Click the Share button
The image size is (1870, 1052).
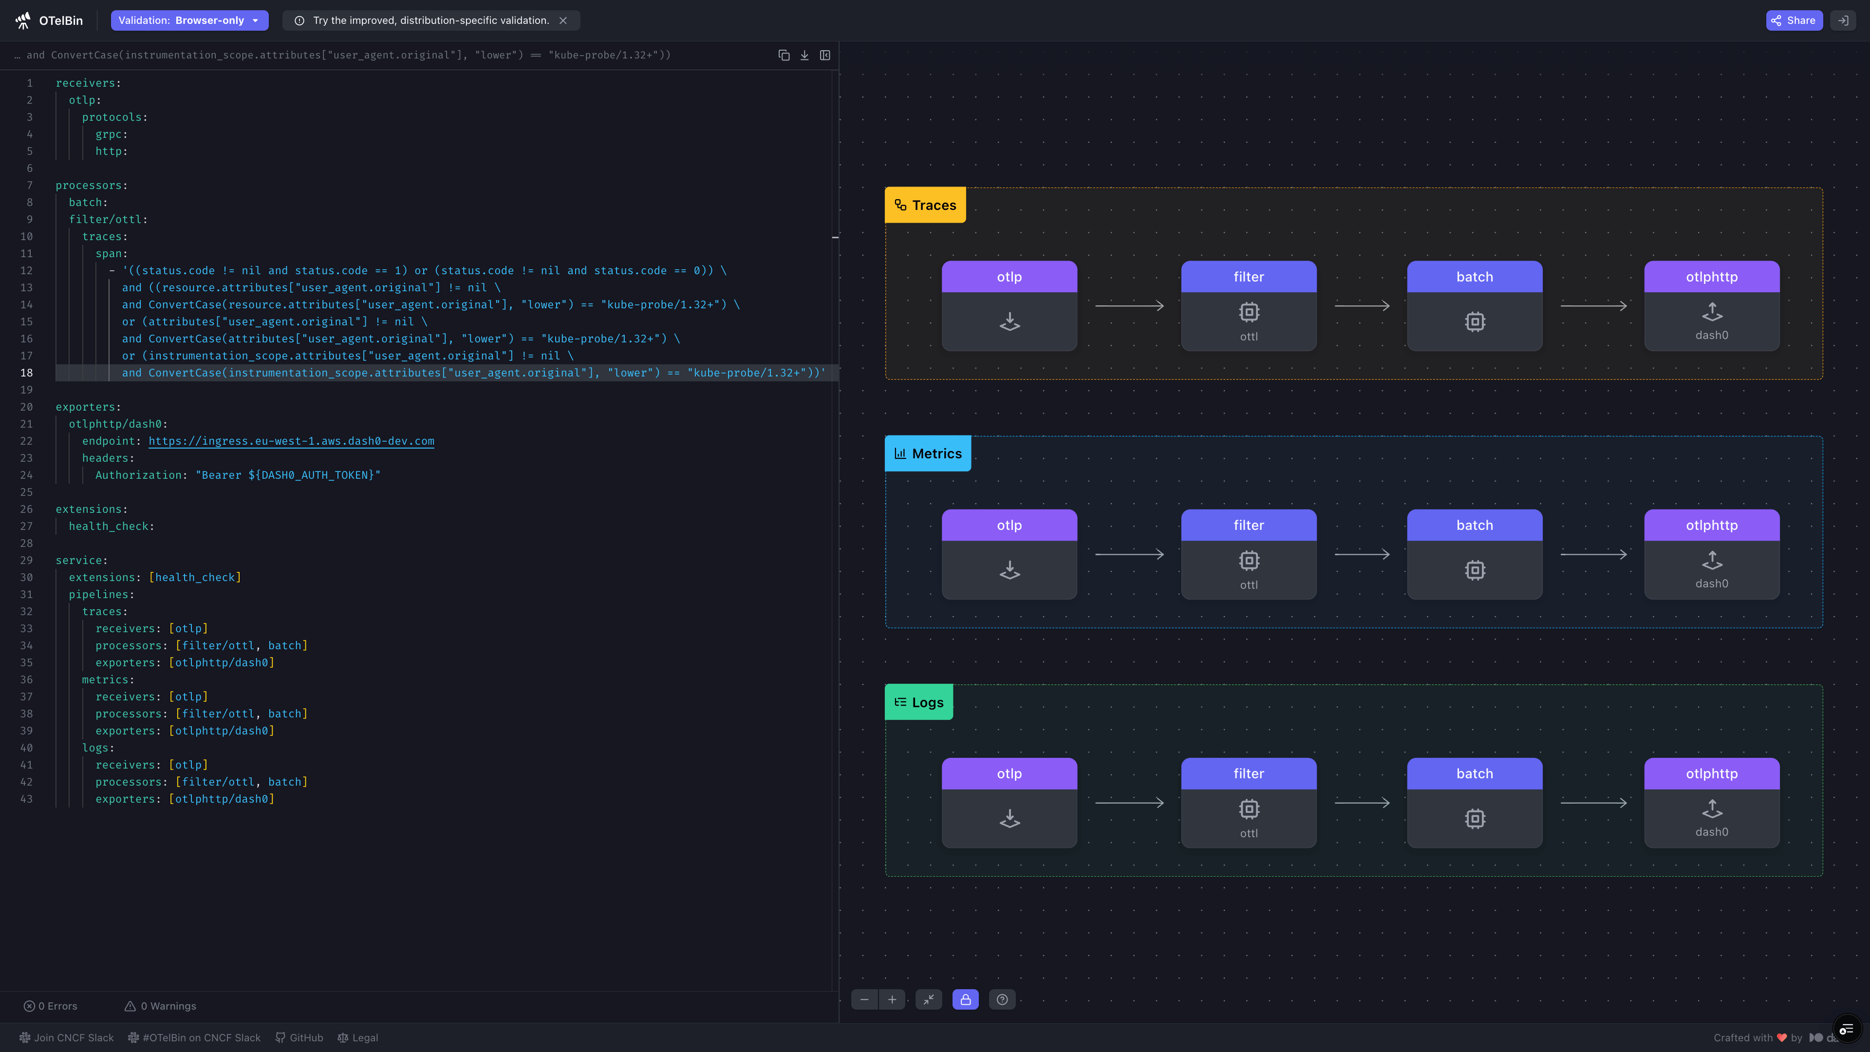(x=1794, y=20)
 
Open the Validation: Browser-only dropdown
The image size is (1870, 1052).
(x=189, y=20)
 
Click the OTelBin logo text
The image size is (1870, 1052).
(x=61, y=20)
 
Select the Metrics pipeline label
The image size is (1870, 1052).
(x=928, y=454)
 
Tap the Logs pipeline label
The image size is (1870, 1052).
(x=919, y=702)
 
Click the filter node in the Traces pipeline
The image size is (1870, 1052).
(x=1249, y=306)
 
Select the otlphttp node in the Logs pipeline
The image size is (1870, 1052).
(x=1712, y=802)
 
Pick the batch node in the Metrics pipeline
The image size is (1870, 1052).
(x=1475, y=554)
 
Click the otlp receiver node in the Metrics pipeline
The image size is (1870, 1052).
(x=1009, y=554)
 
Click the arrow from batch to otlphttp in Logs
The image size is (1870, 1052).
(x=1593, y=802)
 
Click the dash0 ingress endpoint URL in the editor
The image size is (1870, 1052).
(x=291, y=441)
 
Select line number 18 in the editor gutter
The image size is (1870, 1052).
(x=27, y=373)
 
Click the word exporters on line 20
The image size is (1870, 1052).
(x=86, y=407)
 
